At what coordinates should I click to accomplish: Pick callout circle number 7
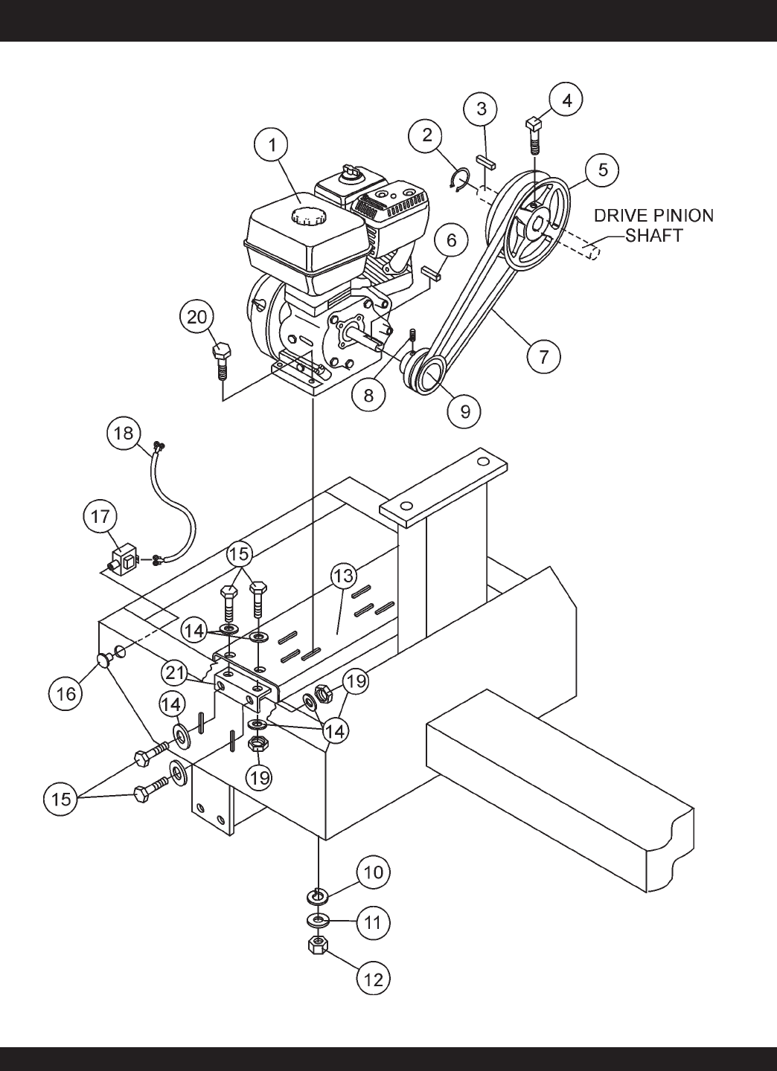point(543,356)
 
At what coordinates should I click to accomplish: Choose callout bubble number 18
point(124,434)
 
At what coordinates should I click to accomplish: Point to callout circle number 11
point(372,922)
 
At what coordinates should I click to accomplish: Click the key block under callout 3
point(487,163)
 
